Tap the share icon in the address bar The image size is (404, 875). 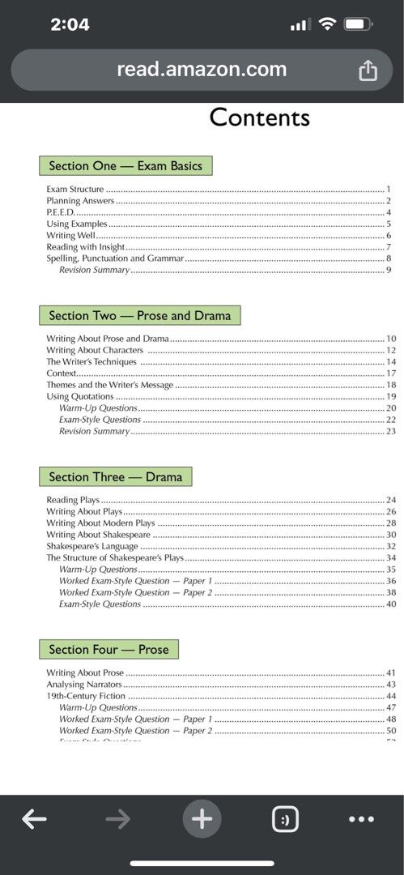[368, 70]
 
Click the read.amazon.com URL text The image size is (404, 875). [202, 70]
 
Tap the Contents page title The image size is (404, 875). [259, 117]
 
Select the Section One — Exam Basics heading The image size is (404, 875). [125, 166]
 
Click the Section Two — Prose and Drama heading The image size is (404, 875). [139, 315]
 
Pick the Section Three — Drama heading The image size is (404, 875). [115, 476]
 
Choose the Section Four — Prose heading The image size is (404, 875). [108, 649]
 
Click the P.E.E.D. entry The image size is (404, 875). [61, 212]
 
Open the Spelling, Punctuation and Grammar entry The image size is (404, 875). [115, 258]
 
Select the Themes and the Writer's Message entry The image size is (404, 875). [109, 385]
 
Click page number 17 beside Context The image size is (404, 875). [391, 373]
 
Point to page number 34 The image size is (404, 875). [391, 558]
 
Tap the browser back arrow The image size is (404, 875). [34, 820]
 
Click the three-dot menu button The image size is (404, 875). [361, 820]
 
